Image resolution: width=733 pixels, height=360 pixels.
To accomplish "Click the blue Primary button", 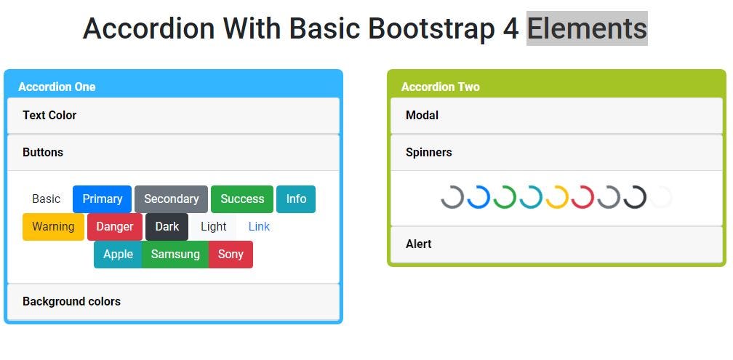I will pyautogui.click(x=102, y=199).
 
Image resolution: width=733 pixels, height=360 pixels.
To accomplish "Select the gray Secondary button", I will pyautogui.click(x=171, y=199).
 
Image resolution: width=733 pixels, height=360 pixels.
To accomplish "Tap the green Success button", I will pyautogui.click(x=242, y=199).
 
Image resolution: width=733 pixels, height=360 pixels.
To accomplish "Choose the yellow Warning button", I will pyautogui.click(x=53, y=227).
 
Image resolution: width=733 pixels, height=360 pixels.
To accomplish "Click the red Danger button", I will pyautogui.click(x=115, y=227).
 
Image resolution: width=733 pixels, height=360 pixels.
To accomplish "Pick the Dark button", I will pyautogui.click(x=167, y=227).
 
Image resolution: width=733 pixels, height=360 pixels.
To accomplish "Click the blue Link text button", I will pyautogui.click(x=259, y=227).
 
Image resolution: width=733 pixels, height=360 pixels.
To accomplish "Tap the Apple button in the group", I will pyautogui.click(x=118, y=255).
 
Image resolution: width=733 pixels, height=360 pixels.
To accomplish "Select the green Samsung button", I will pyautogui.click(x=175, y=255).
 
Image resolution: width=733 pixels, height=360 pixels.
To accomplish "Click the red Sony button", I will pyautogui.click(x=231, y=255).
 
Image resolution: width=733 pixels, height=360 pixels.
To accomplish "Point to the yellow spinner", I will pyautogui.click(x=557, y=197).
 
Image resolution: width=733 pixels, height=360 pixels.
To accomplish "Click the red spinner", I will pyautogui.click(x=583, y=197).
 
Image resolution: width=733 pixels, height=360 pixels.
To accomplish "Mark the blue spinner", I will pyautogui.click(x=478, y=197).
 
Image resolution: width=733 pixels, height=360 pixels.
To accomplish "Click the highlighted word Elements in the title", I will pyautogui.click(x=587, y=28).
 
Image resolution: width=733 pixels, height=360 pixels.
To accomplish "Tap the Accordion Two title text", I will pyautogui.click(x=440, y=87).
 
